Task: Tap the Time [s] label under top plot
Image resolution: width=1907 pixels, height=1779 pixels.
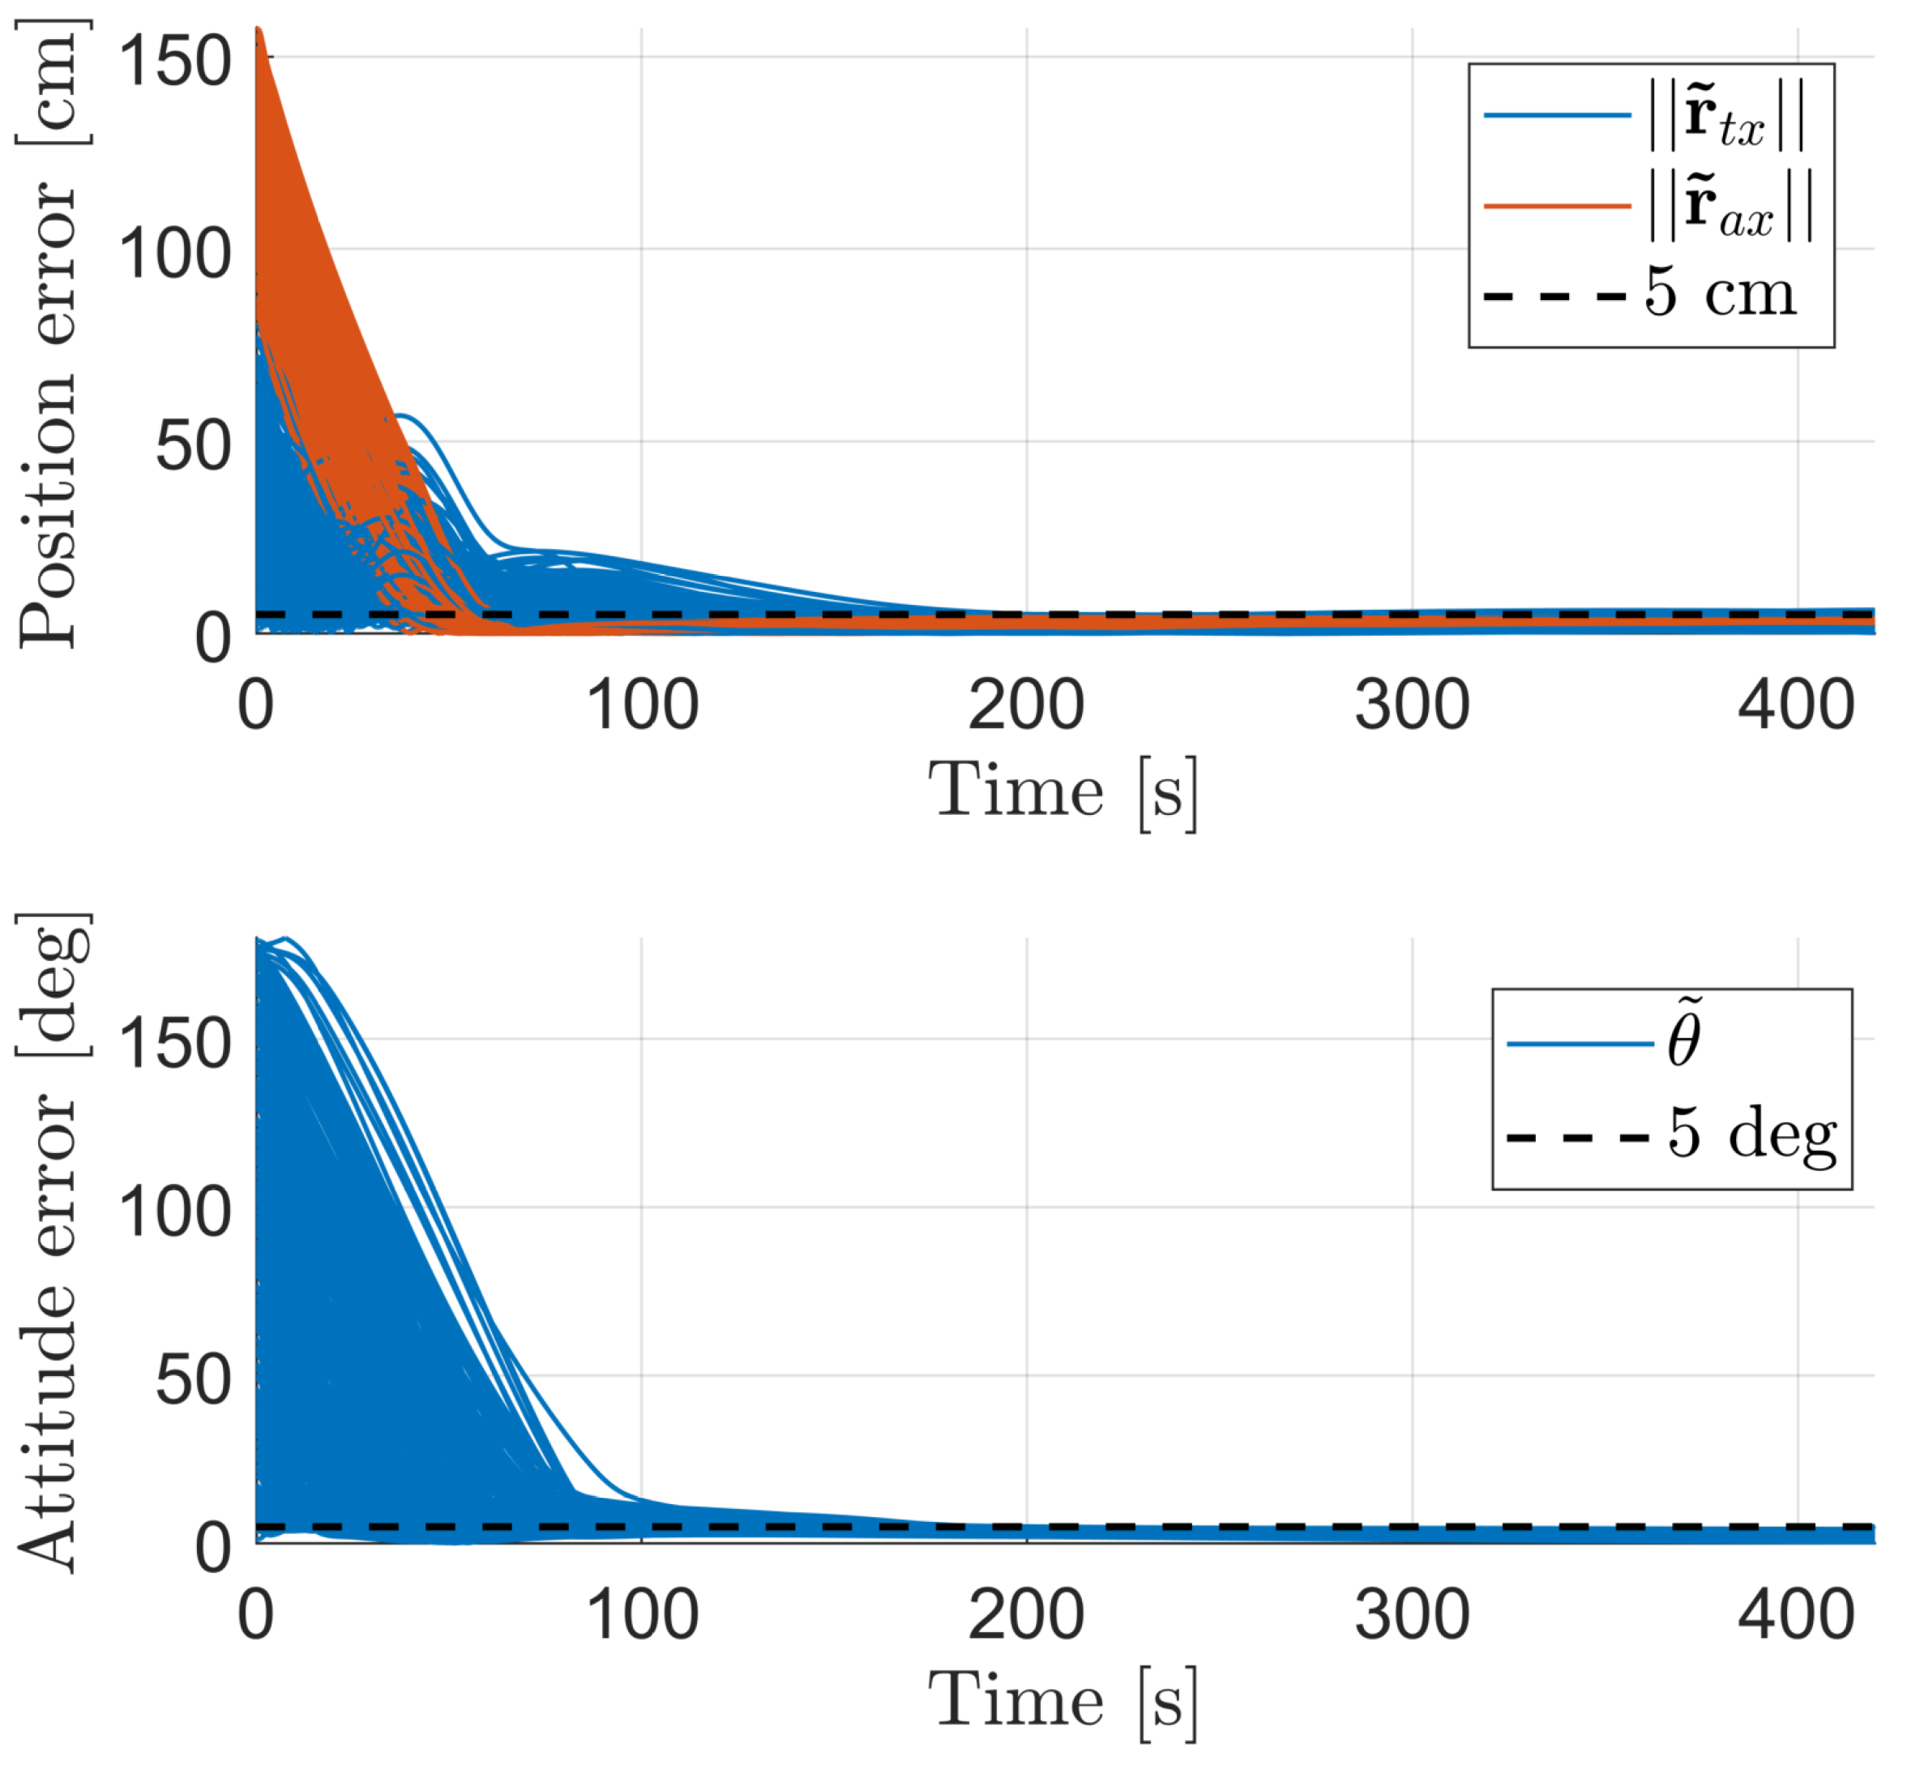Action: (1063, 791)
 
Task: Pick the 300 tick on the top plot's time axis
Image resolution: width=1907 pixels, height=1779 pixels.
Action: (1411, 706)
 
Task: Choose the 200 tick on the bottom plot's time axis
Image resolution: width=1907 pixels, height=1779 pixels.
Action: (1025, 1616)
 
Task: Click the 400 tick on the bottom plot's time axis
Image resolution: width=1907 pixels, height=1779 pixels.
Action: (1796, 1616)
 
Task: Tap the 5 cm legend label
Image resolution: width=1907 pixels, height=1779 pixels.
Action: (1720, 293)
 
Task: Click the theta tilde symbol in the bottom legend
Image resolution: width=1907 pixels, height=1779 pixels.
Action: (1684, 1036)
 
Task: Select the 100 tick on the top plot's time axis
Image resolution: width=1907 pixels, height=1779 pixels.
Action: (642, 706)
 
